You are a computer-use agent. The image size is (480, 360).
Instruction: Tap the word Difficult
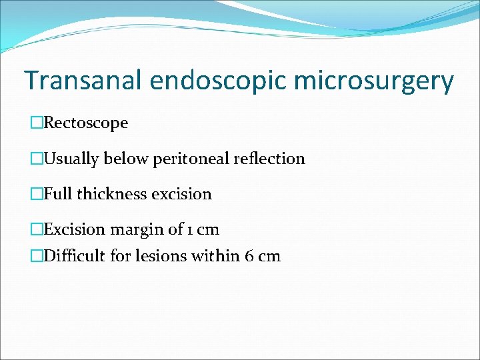click(x=73, y=256)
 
